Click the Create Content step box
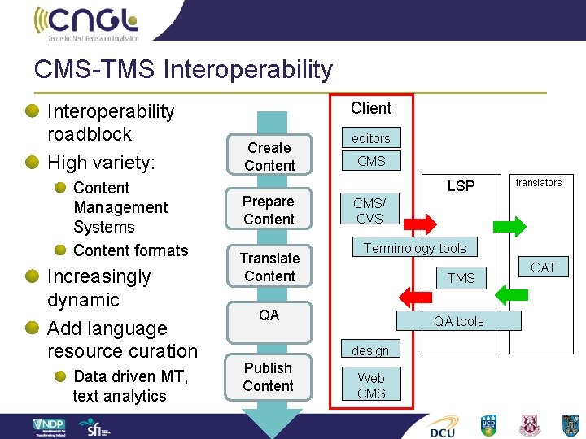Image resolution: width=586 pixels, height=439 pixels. (269, 156)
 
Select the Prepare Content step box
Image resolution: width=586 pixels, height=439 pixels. (269, 210)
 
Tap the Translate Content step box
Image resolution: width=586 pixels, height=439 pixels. (269, 267)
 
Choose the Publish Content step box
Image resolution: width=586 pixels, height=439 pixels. (269, 376)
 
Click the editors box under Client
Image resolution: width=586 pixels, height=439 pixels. (371, 138)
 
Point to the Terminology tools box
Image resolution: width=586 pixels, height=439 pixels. (414, 248)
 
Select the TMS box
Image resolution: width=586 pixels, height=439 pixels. (461, 278)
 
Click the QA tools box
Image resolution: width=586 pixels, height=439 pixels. (458, 321)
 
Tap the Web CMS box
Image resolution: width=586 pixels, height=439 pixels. (371, 385)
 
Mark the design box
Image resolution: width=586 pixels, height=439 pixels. (371, 350)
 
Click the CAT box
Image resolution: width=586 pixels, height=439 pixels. (543, 267)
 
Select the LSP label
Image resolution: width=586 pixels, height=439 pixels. (461, 186)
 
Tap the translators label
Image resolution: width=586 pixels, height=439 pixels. (539, 183)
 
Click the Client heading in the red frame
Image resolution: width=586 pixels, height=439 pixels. (371, 108)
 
